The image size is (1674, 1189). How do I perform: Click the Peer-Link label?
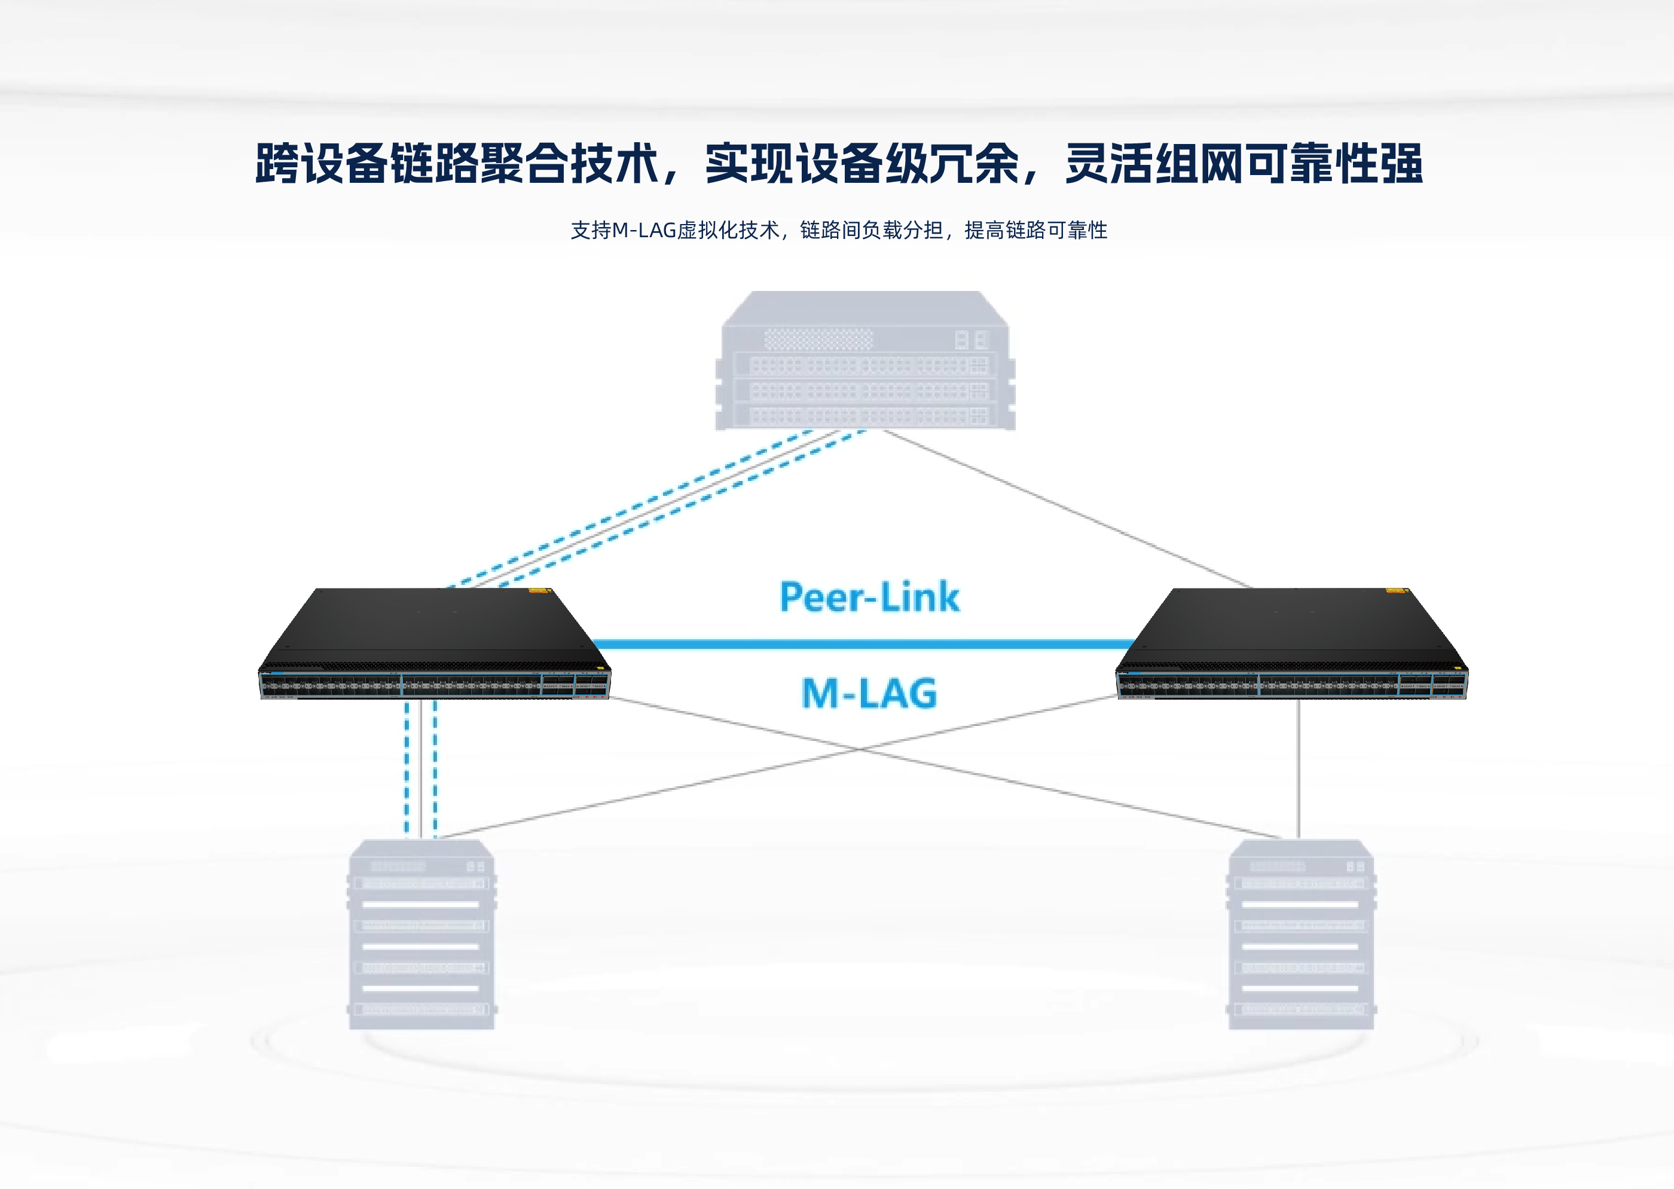869,597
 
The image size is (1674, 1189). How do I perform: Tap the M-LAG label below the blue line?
869,692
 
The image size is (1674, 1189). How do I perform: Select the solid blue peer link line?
865,644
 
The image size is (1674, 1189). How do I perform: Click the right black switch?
1291,644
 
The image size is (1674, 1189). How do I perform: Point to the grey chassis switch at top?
865,360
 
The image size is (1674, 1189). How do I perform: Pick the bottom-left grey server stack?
421,934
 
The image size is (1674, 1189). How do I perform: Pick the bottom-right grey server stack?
1300,934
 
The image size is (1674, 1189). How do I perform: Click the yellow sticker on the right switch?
1395,590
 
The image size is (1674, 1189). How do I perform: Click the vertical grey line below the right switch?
1298,769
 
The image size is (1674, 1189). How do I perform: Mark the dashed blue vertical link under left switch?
407,769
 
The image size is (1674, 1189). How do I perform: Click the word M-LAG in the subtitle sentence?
643,231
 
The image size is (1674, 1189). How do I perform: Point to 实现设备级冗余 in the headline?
862,163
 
